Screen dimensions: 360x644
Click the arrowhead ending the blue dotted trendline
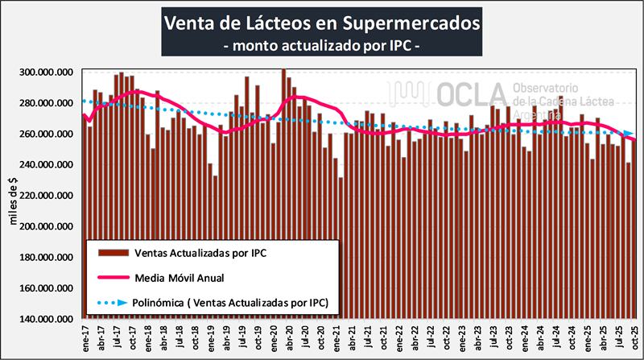tap(627, 133)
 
